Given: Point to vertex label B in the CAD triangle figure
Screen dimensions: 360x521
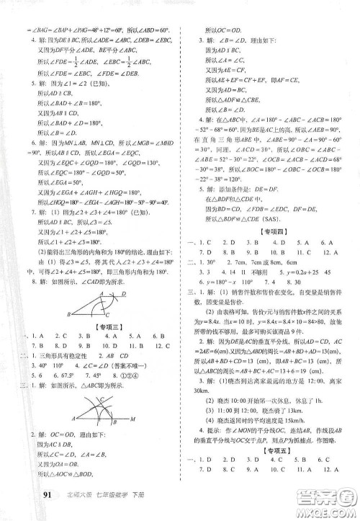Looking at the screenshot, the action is pyautogui.click(x=68, y=315).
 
